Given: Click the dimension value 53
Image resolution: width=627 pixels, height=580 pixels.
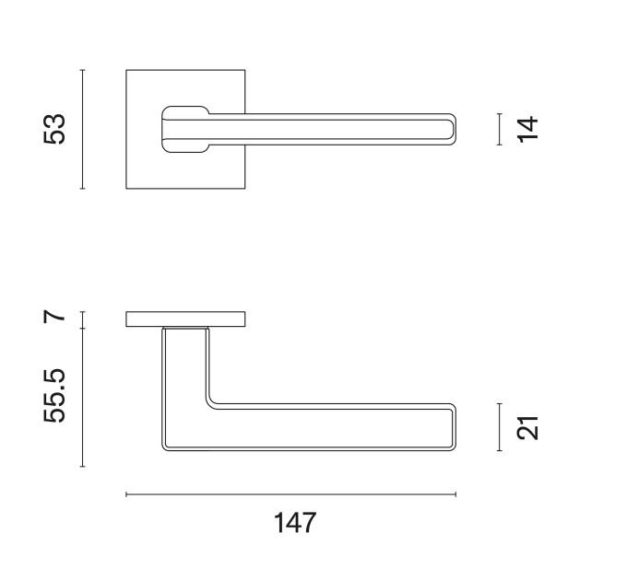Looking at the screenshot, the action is [54, 129].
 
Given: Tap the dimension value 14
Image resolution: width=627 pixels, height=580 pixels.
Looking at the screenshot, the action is [527, 129].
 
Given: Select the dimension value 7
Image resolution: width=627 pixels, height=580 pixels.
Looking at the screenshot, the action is [54, 317].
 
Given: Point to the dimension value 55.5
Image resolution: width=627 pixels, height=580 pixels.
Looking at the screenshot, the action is [54, 396].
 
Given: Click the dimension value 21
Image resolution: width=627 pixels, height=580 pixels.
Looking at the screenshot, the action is [527, 427].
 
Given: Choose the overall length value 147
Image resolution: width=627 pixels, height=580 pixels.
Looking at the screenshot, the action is [295, 523].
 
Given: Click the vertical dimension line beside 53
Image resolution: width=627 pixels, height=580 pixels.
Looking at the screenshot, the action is [83, 129].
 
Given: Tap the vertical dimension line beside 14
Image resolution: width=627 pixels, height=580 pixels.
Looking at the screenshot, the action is [500, 129].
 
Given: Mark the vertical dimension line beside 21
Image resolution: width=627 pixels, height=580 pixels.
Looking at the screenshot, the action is [500, 427].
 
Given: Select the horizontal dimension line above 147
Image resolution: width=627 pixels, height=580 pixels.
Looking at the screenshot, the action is [290, 494].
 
